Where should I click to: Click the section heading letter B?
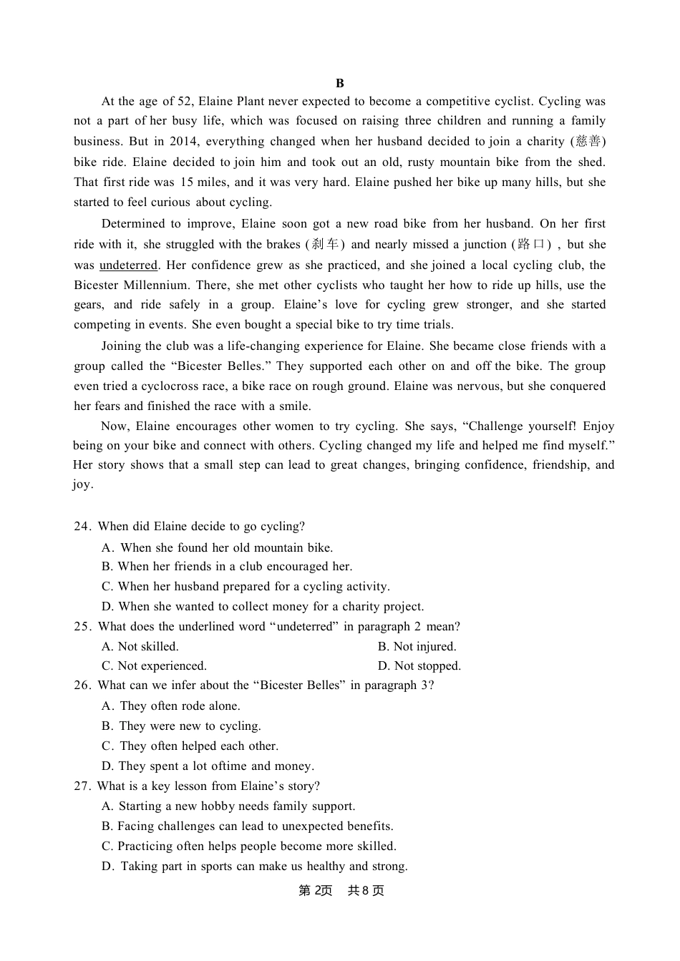[x=340, y=83]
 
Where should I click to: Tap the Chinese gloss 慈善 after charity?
[x=589, y=141]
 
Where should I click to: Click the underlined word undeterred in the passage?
[x=128, y=265]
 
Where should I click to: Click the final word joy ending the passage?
[x=82, y=484]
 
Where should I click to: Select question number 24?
[x=82, y=526]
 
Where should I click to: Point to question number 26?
[x=82, y=685]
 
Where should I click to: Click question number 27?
[x=82, y=786]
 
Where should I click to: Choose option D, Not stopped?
[x=419, y=665]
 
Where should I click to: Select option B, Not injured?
[x=417, y=646]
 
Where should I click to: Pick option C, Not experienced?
[x=154, y=665]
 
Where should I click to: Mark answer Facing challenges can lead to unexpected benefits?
[x=248, y=826]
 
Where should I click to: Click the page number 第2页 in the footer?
[x=316, y=890]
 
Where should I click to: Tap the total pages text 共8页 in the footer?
[x=366, y=890]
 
